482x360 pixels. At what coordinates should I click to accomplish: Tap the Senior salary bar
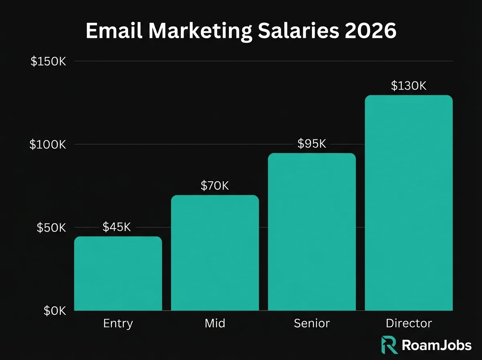312,232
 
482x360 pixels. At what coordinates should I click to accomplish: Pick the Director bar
409,203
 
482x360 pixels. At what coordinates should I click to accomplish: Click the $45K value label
117,227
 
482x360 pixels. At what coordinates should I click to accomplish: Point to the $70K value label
214,186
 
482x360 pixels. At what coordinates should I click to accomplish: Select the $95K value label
312,144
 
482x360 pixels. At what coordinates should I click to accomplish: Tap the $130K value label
409,86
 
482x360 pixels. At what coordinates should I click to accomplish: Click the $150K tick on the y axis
48,61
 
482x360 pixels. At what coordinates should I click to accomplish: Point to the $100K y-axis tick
47,145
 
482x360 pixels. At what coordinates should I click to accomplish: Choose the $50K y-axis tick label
51,228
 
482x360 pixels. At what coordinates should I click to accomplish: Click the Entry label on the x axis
118,323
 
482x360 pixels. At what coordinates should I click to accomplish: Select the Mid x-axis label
214,323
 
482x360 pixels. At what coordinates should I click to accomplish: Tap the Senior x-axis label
312,323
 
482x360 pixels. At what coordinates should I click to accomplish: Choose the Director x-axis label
409,323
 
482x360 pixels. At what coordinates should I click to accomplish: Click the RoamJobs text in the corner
437,345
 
